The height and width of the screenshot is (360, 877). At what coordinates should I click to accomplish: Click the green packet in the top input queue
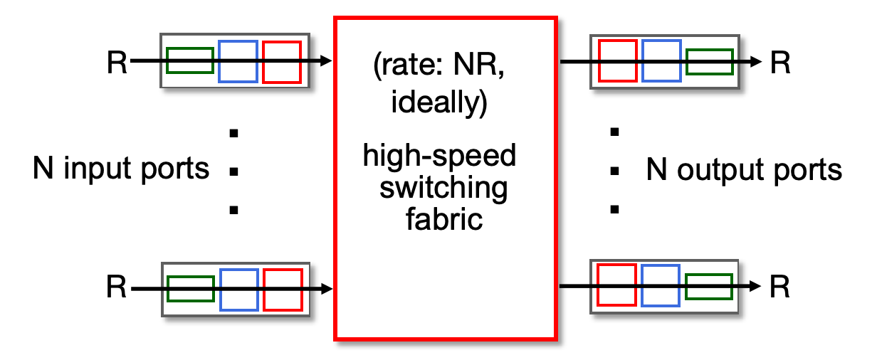coord(189,60)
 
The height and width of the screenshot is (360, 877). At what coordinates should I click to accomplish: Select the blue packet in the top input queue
coord(238,61)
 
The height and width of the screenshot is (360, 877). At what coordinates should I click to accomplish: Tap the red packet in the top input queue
coord(282,61)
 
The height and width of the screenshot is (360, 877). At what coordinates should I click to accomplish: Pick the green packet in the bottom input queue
coord(190,289)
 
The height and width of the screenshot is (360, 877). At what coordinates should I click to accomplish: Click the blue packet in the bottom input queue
coord(238,290)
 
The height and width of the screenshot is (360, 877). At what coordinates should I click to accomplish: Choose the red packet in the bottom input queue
coord(283,290)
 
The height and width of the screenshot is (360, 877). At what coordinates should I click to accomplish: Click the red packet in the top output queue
coord(617,60)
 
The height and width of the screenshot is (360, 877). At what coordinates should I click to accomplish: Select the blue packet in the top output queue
coord(661,60)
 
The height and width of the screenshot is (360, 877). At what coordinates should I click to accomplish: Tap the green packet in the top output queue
coord(709,61)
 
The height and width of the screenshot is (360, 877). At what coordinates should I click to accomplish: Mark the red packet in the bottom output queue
coord(616,286)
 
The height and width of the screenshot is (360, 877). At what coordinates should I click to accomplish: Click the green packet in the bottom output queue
coord(708,286)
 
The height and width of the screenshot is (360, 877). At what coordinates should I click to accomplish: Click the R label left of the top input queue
coord(117,63)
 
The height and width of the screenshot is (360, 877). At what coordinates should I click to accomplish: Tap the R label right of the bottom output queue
coord(780,287)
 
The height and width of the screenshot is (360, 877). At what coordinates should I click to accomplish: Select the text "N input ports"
coord(121,169)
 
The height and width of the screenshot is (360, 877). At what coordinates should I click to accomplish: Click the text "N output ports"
coord(744,171)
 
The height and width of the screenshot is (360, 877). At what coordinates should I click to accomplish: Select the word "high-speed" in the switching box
coord(439,156)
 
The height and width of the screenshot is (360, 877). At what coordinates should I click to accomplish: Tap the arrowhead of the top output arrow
coord(757,62)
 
